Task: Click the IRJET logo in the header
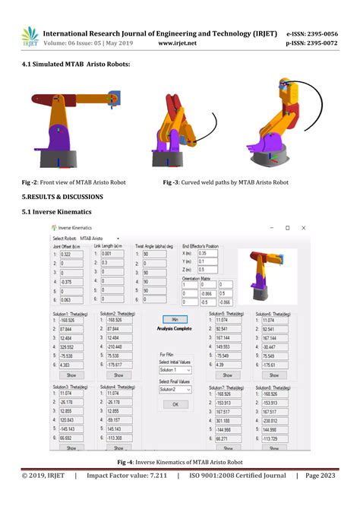[30, 36]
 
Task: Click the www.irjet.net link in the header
[177, 43]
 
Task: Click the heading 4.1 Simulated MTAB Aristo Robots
[75, 64]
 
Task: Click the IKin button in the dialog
[174, 319]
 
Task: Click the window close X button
[304, 227]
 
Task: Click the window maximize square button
[287, 227]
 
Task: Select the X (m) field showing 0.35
[207, 253]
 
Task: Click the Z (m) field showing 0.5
[207, 269]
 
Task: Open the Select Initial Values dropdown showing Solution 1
[175, 369]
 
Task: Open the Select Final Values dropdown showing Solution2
[175, 389]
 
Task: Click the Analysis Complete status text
[174, 328]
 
